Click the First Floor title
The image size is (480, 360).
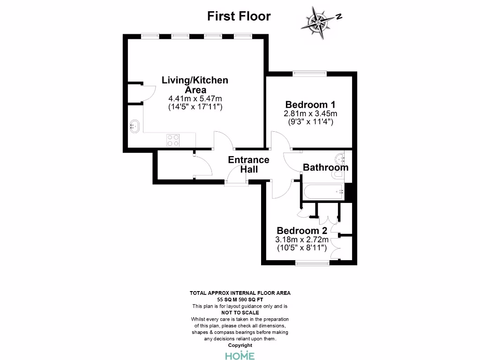click(239, 16)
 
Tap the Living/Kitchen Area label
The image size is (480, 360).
click(195, 85)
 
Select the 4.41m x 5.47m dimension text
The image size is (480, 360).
click(195, 99)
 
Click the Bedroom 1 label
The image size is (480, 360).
click(310, 105)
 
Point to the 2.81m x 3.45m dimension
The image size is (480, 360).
click(310, 114)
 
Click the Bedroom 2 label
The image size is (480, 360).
click(302, 231)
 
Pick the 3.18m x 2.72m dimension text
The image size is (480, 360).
click(302, 240)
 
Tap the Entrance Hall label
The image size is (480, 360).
click(248, 165)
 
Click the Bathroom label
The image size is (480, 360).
click(325, 167)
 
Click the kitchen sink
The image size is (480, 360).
click(135, 126)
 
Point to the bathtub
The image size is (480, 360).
click(323, 192)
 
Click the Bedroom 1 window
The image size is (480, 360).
click(309, 72)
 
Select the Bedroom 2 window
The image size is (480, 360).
click(312, 263)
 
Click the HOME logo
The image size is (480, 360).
click(240, 356)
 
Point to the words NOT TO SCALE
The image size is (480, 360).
click(240, 312)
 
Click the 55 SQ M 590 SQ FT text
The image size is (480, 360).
click(240, 299)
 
